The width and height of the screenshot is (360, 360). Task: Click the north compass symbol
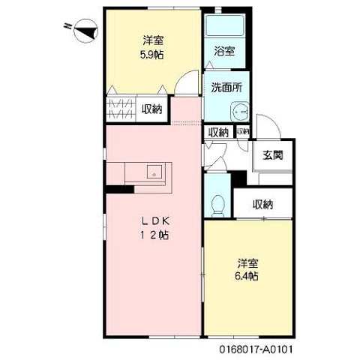click(x=85, y=31)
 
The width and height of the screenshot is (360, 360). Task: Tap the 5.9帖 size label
click(x=152, y=55)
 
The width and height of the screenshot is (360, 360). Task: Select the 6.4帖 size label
click(x=247, y=276)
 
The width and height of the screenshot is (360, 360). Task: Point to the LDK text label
click(x=156, y=221)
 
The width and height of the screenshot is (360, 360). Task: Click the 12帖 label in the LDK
click(x=154, y=235)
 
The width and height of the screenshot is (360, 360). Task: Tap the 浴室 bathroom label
click(x=224, y=51)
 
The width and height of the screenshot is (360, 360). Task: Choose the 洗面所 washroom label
click(x=226, y=88)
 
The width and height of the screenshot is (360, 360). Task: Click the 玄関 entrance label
click(x=273, y=155)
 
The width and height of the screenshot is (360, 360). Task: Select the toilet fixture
click(x=217, y=206)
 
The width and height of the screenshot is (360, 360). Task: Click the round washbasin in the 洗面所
click(x=240, y=112)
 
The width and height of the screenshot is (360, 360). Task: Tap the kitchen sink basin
click(x=154, y=172)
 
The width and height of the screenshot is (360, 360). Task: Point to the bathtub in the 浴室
click(x=225, y=25)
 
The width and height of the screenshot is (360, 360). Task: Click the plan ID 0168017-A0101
click(x=256, y=349)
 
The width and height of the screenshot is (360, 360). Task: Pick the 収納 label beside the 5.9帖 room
click(x=152, y=109)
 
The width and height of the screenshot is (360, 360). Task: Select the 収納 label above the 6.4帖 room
click(x=262, y=205)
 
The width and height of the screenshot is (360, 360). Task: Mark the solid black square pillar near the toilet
click(x=238, y=178)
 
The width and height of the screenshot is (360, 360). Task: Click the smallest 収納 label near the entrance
click(x=243, y=131)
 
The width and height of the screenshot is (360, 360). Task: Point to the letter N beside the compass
click(x=67, y=25)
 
